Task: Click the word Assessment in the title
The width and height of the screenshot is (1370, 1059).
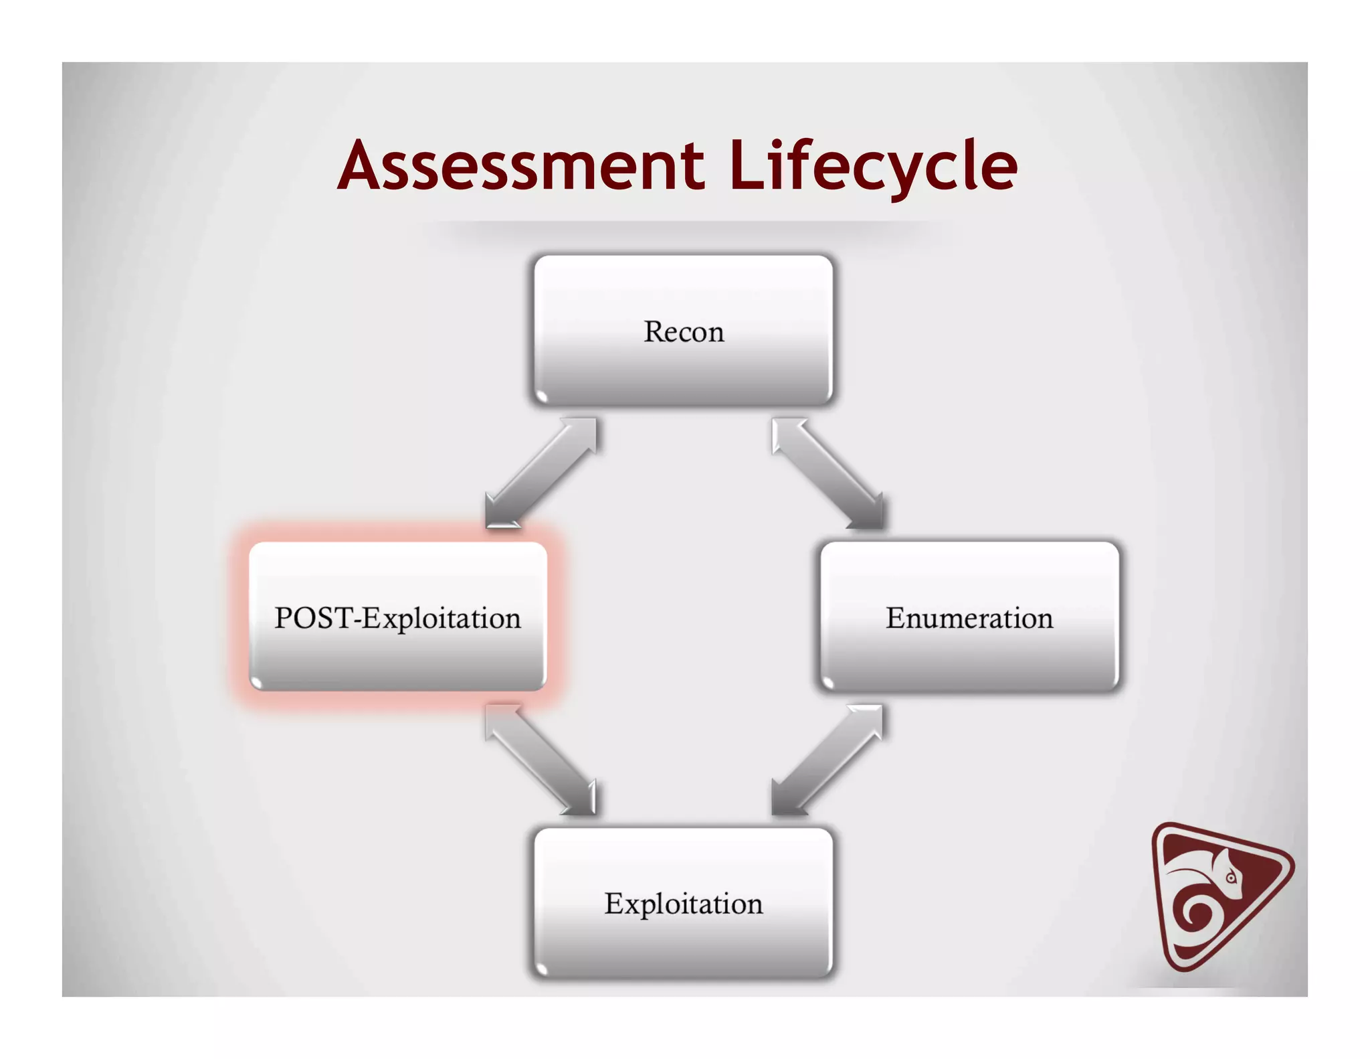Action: click(x=520, y=166)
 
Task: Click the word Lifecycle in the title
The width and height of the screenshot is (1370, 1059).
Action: click(x=872, y=166)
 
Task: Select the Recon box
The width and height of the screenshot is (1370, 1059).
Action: click(x=683, y=331)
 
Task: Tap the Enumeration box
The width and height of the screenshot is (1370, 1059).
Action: click(x=969, y=617)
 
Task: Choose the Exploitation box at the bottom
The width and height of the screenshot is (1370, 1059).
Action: click(x=683, y=903)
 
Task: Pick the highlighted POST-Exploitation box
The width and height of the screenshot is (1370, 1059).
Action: click(x=397, y=617)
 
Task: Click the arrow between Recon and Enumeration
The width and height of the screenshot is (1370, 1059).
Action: click(x=827, y=473)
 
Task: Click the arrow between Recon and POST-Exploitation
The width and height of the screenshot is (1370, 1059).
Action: click(x=541, y=473)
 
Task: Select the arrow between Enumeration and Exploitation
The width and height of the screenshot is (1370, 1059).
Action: click(x=827, y=760)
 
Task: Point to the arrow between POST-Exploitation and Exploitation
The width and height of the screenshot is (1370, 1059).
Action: click(x=541, y=760)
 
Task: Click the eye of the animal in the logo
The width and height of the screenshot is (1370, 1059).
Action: click(x=1231, y=878)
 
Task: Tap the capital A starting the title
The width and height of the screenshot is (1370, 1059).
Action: click(x=362, y=166)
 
